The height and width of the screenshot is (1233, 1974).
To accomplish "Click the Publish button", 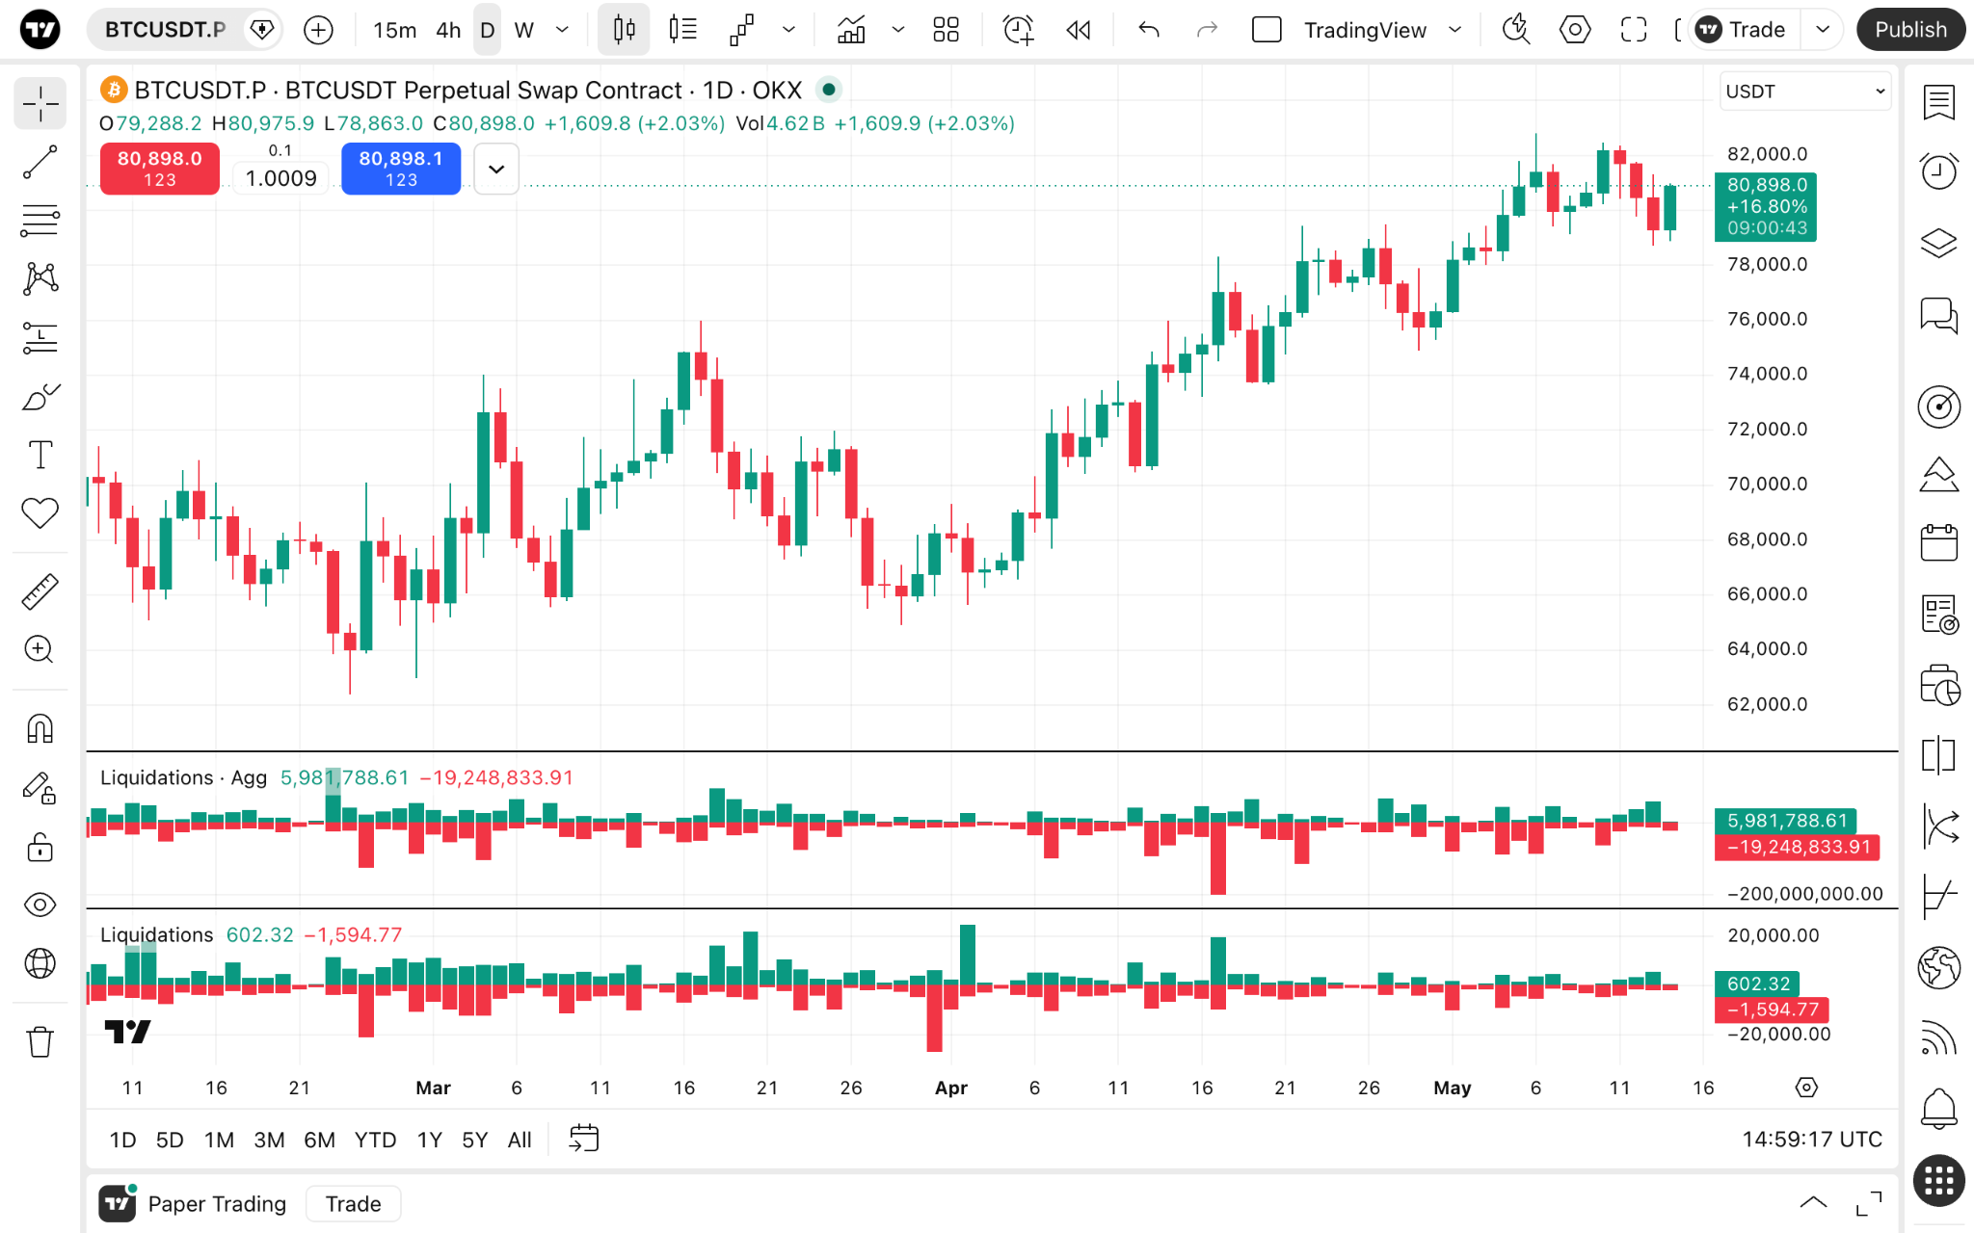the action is point(1910,30).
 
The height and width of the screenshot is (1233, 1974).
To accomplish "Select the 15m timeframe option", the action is point(395,30).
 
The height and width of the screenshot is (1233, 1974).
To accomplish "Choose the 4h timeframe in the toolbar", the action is point(448,30).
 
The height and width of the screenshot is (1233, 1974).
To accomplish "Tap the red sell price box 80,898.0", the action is point(160,169).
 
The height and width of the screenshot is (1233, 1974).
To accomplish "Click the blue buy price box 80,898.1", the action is point(401,169).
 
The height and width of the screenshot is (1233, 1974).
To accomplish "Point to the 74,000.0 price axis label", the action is point(1767,374).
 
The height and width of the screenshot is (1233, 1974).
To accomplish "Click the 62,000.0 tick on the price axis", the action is point(1767,704).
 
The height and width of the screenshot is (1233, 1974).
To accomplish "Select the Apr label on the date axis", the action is point(951,1088).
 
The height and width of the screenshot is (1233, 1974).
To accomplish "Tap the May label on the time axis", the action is point(1453,1088).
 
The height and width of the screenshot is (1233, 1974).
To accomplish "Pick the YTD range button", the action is point(375,1140).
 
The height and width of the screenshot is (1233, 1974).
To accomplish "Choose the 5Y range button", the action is point(474,1140).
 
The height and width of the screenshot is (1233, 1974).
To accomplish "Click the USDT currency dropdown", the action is point(1805,92).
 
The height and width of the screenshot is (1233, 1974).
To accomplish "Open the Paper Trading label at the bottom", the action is point(217,1204).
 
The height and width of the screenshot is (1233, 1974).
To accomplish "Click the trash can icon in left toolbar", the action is point(40,1041).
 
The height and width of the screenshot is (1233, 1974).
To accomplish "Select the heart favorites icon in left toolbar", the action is point(40,512).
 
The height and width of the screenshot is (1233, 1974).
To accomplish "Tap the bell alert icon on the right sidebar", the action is point(1938,1108).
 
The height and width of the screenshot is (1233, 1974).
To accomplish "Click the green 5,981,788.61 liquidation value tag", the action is point(1787,821).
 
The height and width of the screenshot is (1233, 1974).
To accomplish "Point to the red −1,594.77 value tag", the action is point(1772,1010).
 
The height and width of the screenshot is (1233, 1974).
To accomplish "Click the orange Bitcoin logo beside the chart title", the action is point(114,90).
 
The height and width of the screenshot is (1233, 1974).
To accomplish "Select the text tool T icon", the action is point(40,455).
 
